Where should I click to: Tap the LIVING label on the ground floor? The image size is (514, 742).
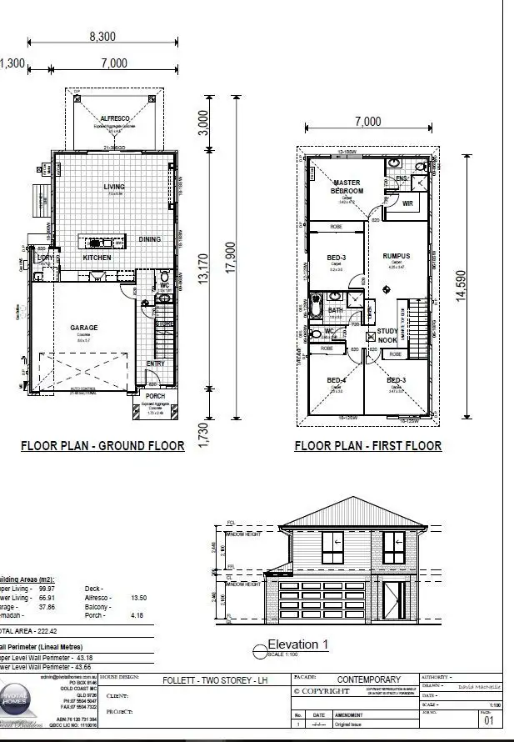click(114, 188)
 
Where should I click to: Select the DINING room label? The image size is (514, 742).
click(150, 239)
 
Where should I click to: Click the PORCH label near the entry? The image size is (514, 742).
click(156, 397)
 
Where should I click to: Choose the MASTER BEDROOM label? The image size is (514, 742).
click(347, 187)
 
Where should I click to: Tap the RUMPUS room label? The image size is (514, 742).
click(397, 256)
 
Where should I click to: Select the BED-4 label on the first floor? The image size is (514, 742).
click(337, 381)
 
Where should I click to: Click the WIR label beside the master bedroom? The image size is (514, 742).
click(408, 203)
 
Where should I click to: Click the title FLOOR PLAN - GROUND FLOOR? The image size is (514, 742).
click(102, 446)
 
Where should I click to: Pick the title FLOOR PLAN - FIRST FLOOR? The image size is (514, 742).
click(367, 446)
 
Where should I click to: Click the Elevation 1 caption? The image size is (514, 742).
click(297, 644)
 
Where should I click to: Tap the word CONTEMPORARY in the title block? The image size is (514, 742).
click(368, 679)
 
